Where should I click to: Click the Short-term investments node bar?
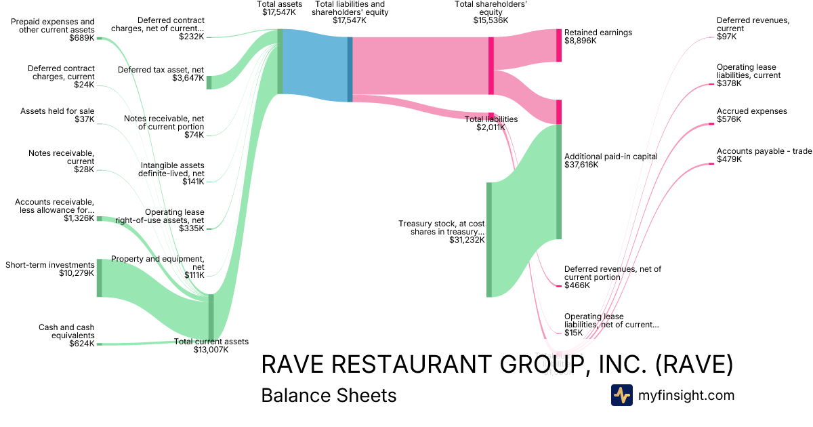tap(99, 277)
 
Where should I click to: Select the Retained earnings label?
tap(598, 32)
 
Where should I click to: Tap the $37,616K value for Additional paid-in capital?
tap(581, 165)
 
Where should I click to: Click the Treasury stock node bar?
tap(488, 239)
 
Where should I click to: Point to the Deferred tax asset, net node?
tap(209, 82)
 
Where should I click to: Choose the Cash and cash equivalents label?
tap(66, 331)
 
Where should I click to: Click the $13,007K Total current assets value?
tap(211, 350)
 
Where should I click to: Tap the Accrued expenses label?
tap(751, 111)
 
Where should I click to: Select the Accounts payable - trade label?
tap(764, 151)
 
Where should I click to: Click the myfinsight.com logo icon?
tap(621, 395)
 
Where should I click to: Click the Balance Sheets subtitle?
tap(329, 395)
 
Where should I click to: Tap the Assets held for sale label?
tap(58, 111)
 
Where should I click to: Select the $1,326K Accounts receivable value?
tap(79, 218)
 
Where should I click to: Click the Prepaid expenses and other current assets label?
tap(53, 26)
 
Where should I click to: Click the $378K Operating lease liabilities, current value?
tap(729, 83)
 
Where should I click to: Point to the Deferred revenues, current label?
tap(753, 24)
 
